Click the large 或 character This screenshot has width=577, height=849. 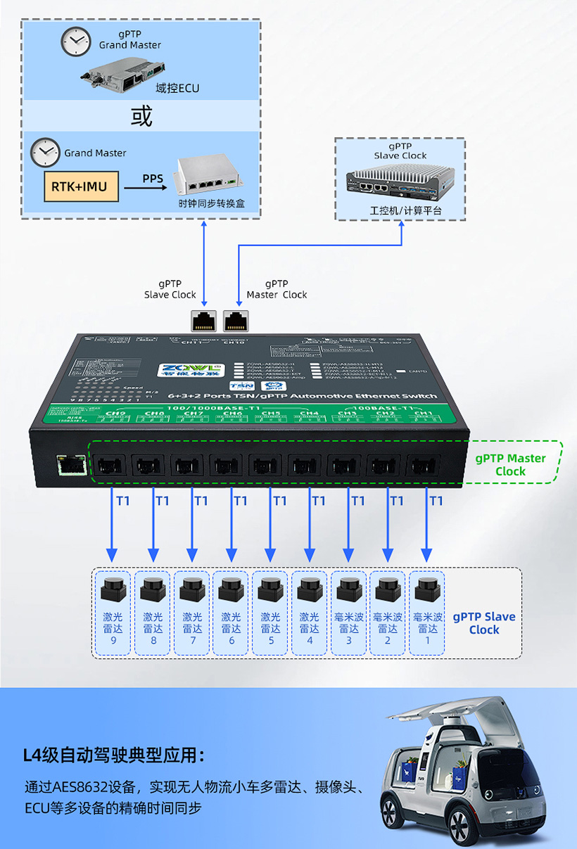tap(141, 116)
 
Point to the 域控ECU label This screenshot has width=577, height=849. tap(177, 88)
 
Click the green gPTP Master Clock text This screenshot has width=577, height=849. tap(510, 464)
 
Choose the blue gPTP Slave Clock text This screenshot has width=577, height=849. tap(484, 623)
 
